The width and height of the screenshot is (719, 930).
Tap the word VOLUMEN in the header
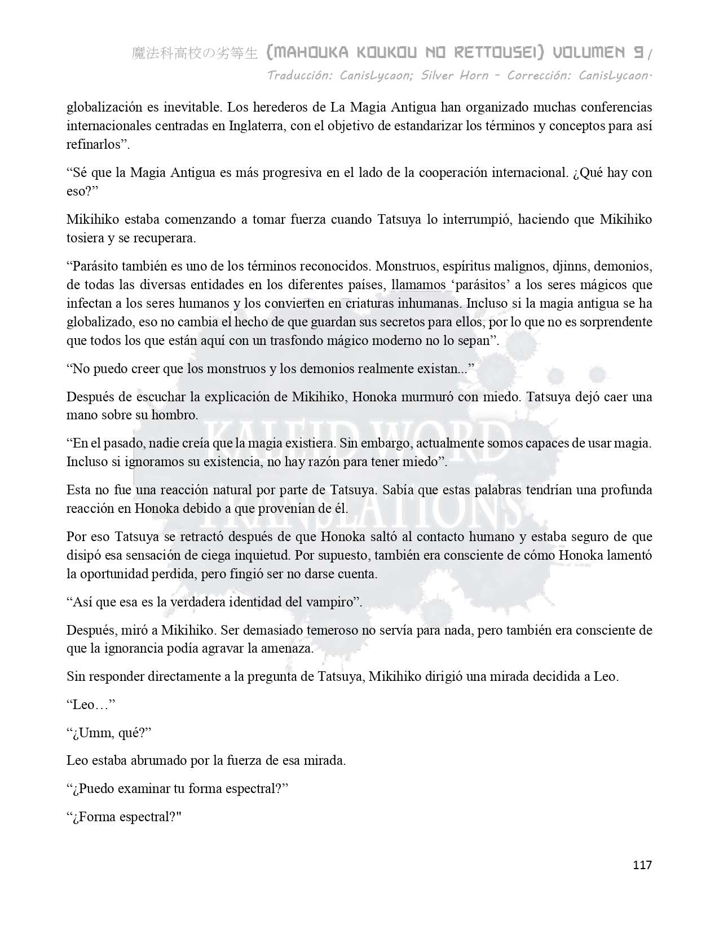tap(589, 53)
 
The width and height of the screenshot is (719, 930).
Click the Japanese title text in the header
tap(195, 54)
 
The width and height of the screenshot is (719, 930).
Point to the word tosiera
tap(86, 238)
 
